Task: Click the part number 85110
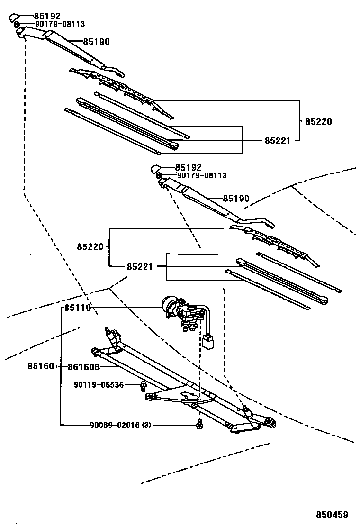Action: (x=78, y=308)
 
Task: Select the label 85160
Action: (x=41, y=366)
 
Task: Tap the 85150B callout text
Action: (x=84, y=367)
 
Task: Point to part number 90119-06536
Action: (x=99, y=384)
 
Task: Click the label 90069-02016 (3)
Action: (x=120, y=425)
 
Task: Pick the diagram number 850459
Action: (x=332, y=514)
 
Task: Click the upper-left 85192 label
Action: (x=47, y=16)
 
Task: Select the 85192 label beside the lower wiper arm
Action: (x=188, y=167)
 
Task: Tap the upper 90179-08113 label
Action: (x=60, y=24)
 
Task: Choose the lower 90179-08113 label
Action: (x=202, y=175)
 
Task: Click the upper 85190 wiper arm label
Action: (x=96, y=42)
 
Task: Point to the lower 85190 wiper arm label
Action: (x=236, y=199)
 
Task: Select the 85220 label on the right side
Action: (x=318, y=121)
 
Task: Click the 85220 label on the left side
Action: (x=90, y=247)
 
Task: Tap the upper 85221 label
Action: (x=278, y=140)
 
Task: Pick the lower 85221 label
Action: (x=140, y=267)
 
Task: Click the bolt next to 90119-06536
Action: (x=143, y=387)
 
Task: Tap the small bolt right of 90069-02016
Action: (x=199, y=425)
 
